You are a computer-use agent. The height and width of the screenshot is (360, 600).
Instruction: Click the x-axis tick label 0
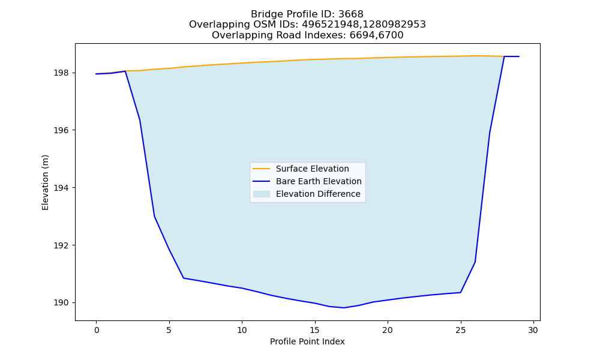click(x=96, y=330)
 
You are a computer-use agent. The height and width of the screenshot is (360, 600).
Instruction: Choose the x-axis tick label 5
click(x=169, y=330)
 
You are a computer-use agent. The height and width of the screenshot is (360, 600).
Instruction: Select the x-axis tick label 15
click(x=315, y=330)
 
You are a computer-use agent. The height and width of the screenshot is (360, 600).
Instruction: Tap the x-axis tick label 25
click(x=461, y=330)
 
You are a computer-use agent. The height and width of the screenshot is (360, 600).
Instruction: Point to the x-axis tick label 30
click(x=533, y=330)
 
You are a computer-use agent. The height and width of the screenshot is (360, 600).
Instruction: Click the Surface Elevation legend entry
click(x=301, y=169)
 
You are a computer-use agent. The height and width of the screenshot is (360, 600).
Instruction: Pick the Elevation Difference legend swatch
click(x=262, y=194)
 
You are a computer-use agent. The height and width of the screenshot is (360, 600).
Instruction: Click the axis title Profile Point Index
click(x=307, y=341)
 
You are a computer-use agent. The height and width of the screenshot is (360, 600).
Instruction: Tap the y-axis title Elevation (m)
click(x=45, y=182)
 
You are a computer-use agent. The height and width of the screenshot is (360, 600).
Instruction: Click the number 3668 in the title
click(x=351, y=14)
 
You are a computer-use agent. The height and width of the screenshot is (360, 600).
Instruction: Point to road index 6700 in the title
click(x=391, y=35)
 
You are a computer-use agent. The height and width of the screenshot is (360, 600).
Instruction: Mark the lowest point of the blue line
click(x=344, y=308)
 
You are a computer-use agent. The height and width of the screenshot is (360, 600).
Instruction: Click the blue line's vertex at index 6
click(x=184, y=278)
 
